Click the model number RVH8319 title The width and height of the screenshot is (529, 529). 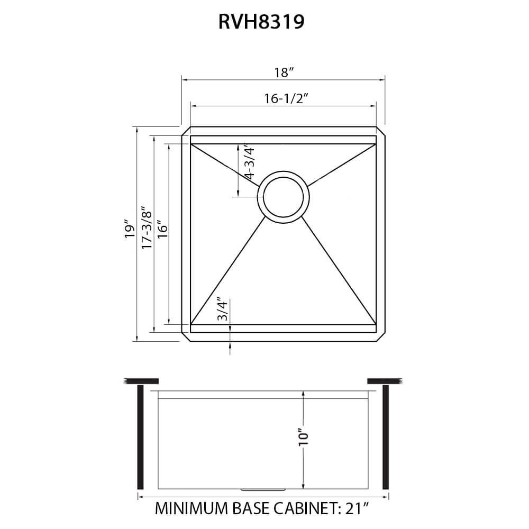[261, 23]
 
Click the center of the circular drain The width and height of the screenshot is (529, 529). [284, 197]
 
